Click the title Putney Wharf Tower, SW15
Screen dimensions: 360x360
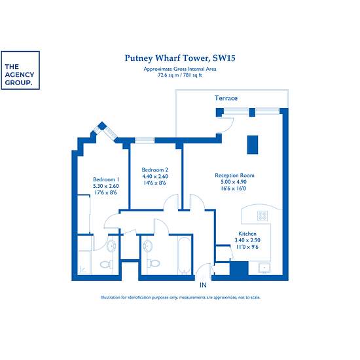click(x=180, y=58)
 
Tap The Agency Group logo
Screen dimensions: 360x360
click(x=20, y=70)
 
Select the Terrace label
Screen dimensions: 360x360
click(x=226, y=98)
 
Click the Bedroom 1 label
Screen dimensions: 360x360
click(x=106, y=179)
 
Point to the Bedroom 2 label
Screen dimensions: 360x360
click(x=155, y=170)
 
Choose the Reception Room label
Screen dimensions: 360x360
click(x=234, y=175)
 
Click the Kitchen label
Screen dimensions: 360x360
click(x=247, y=234)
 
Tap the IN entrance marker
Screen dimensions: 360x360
click(x=203, y=285)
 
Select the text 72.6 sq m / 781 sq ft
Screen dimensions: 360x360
click(x=180, y=75)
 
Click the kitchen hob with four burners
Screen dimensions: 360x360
click(x=262, y=215)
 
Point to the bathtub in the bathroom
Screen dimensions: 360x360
click(x=185, y=255)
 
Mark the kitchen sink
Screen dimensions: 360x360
click(x=264, y=268)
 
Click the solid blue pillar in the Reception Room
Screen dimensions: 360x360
click(x=253, y=145)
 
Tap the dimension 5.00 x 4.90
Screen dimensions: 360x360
click(x=234, y=182)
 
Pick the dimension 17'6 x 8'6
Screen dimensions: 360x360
click(x=106, y=192)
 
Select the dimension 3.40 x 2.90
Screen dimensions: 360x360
click(x=247, y=240)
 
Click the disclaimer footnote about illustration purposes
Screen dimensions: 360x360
click(x=181, y=297)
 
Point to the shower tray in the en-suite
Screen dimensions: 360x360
click(x=84, y=262)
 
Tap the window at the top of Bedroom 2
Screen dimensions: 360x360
click(x=145, y=140)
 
